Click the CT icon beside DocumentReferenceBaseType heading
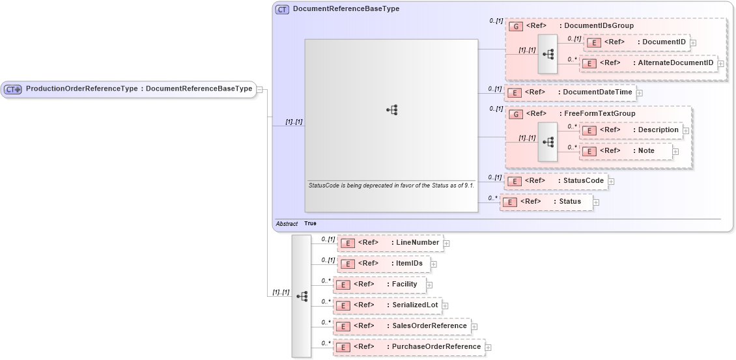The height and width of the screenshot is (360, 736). pyautogui.click(x=282, y=10)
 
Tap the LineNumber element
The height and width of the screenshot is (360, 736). pyautogui.click(x=389, y=243)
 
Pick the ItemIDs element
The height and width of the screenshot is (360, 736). pyautogui.click(x=385, y=264)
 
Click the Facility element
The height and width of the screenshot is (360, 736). pyautogui.click(x=379, y=284)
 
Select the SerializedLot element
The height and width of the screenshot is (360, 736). pyautogui.click(x=387, y=305)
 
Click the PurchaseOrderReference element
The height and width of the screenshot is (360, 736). pyautogui.click(x=408, y=347)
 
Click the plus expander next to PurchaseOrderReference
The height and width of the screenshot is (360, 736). pyautogui.click(x=488, y=348)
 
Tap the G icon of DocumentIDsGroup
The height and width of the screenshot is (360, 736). pyautogui.click(x=515, y=27)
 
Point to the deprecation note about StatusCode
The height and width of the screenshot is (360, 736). pyautogui.click(x=390, y=186)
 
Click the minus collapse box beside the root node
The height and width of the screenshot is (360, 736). pyautogui.click(x=259, y=89)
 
